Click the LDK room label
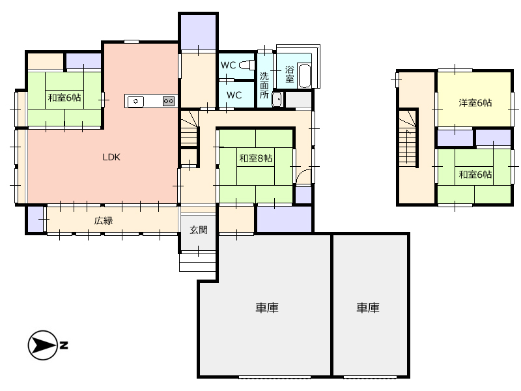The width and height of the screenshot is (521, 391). click(111, 157)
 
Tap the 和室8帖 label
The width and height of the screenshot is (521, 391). click(256, 158)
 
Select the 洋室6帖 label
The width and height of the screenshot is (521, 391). click(475, 103)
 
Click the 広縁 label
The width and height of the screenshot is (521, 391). click(104, 221)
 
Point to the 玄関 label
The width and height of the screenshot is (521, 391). click(199, 230)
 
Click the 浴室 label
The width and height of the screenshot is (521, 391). click(289, 74)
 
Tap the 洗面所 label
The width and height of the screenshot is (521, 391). click(264, 85)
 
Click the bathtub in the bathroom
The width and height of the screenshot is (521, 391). click(304, 76)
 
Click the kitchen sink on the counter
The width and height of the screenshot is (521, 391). click(135, 102)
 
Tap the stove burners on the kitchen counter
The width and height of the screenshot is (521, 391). click(169, 101)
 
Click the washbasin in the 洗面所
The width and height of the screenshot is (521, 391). click(277, 99)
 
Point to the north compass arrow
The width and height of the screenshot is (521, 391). click(42, 345)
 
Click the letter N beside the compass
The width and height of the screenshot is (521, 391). click(64, 345)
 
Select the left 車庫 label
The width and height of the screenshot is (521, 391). click(267, 308)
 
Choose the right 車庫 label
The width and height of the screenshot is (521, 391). click(368, 308)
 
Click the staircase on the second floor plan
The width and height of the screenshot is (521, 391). click(408, 138)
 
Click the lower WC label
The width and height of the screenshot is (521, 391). click(234, 95)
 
